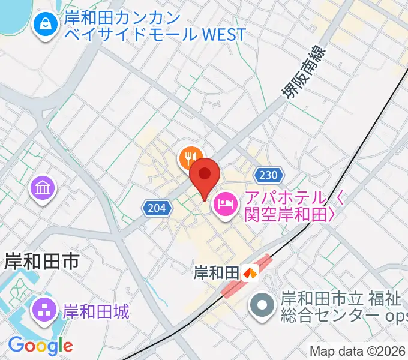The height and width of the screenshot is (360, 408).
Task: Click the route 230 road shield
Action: [268, 175]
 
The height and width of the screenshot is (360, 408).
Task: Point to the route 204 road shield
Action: [155, 208]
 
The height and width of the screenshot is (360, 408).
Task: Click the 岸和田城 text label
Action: [96, 311]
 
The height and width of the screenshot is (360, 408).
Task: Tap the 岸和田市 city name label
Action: [41, 261]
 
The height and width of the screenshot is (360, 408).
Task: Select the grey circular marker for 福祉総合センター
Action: [262, 305]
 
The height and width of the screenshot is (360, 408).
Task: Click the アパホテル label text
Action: [284, 198]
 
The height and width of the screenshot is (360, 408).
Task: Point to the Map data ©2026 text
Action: [358, 351]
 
